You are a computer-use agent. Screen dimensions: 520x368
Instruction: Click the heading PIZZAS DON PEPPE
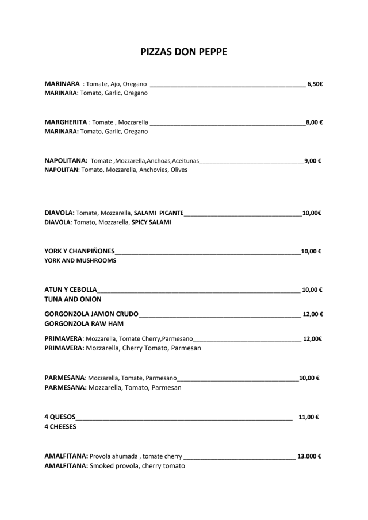coord(184,52)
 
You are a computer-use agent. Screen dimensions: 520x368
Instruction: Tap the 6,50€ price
coord(315,84)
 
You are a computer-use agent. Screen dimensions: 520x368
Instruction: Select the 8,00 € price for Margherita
coord(313,122)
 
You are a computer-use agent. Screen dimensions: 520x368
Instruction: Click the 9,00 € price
coord(312,160)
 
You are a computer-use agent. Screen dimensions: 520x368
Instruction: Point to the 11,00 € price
coord(309,417)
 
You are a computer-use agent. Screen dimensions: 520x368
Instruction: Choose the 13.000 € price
coord(309,456)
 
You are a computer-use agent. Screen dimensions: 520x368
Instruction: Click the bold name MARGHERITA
coord(66,122)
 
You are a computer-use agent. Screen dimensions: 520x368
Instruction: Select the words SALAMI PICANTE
coord(159,213)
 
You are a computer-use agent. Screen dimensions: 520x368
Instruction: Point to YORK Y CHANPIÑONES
coord(79,251)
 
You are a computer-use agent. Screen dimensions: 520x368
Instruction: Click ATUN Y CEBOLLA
coord(71,290)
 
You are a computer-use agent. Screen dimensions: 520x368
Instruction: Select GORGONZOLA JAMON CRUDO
coord(91,314)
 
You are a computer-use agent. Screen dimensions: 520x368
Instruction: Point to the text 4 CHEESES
coord(60,427)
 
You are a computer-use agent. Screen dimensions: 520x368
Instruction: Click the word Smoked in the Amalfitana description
coord(104,466)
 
